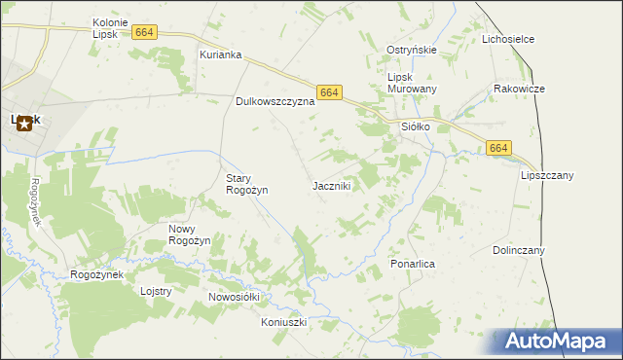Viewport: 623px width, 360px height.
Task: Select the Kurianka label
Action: (220, 54)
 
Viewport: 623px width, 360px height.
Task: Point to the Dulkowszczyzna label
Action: (275, 100)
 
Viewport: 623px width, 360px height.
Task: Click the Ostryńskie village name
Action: (411, 50)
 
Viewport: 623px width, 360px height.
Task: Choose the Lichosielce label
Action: (508, 39)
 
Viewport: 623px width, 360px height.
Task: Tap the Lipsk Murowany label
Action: (412, 83)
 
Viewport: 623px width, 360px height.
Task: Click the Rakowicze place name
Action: (518, 89)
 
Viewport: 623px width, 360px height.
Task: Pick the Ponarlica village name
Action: (412, 264)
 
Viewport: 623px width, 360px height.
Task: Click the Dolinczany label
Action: (518, 250)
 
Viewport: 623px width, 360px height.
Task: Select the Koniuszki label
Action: (284, 321)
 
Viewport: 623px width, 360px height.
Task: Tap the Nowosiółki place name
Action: (233, 296)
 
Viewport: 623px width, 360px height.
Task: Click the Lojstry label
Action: (156, 291)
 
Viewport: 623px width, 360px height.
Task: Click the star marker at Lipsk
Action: (24, 124)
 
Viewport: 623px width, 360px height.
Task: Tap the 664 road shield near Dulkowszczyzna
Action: (329, 92)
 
